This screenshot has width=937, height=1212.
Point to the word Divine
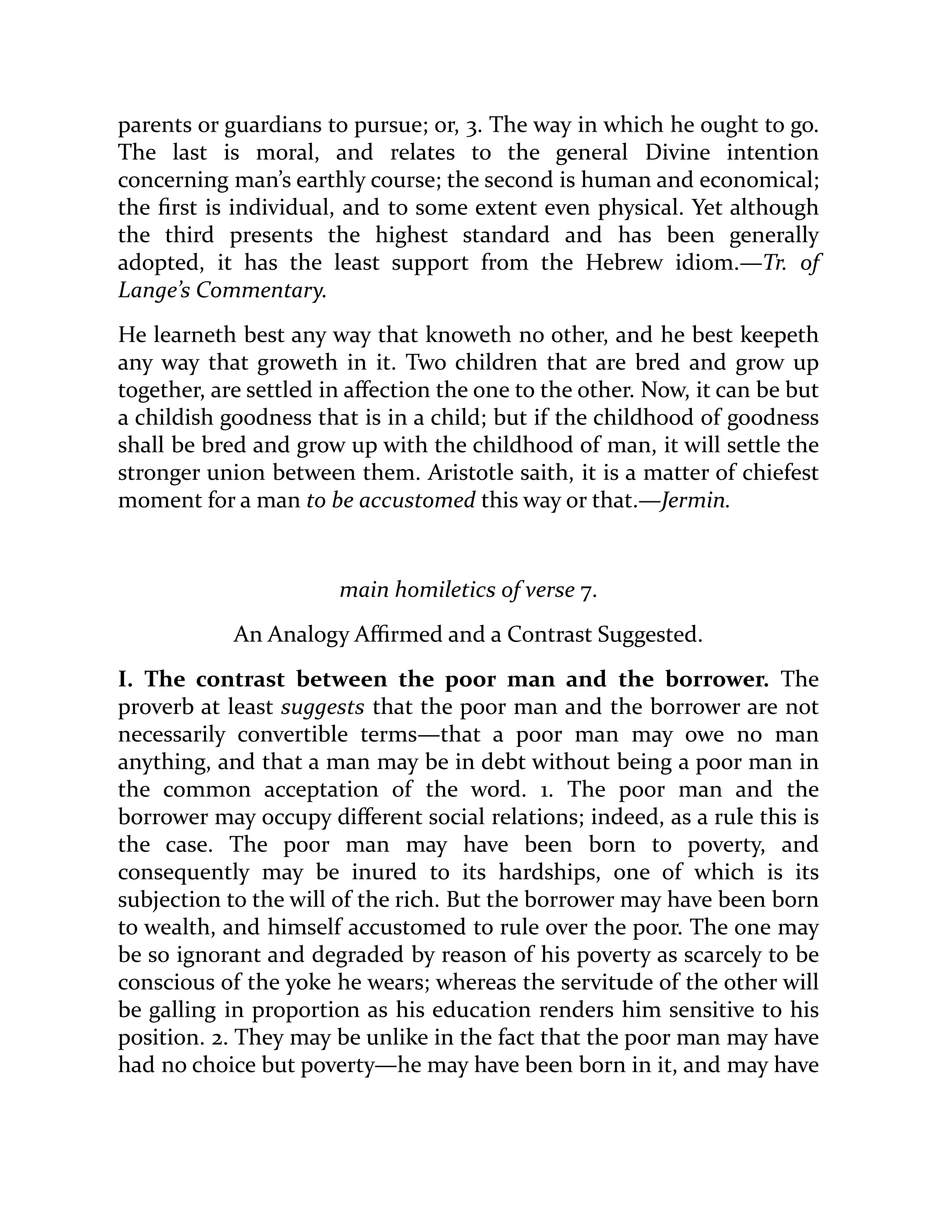[677, 153]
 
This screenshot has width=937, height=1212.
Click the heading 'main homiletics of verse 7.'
[468, 590]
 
